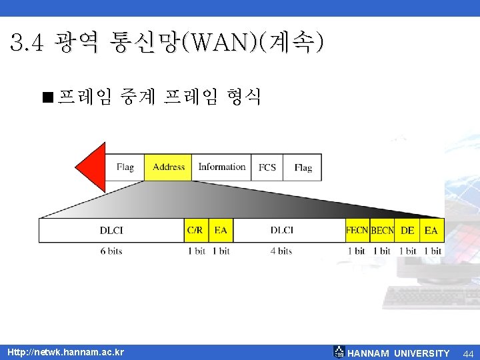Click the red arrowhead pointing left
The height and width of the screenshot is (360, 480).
[x=92, y=167]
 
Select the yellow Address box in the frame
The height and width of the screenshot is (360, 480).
[x=169, y=167]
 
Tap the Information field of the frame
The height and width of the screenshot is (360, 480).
[x=222, y=167]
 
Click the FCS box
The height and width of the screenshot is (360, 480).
[x=267, y=167]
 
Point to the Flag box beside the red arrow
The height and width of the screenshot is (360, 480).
[x=125, y=167]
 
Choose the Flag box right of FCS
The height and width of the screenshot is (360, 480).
[x=303, y=167]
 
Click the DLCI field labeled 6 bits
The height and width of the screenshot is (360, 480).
[x=111, y=231]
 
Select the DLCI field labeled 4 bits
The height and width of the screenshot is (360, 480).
[x=282, y=231]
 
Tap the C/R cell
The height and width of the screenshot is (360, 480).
[x=195, y=231]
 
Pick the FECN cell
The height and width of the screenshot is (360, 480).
[x=357, y=231]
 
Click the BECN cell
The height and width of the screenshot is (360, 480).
[x=382, y=231]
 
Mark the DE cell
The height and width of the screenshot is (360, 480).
[x=407, y=231]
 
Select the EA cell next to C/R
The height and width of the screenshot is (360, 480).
[x=221, y=231]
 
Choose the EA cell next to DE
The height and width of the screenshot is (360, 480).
[x=431, y=231]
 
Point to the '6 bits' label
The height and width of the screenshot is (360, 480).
[x=111, y=251]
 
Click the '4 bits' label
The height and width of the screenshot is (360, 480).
[x=282, y=251]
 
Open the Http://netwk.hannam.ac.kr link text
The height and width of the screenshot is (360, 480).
[x=65, y=351]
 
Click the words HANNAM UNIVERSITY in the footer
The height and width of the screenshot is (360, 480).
[x=399, y=353]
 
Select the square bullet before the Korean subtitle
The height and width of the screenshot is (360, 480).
[x=46, y=99]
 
